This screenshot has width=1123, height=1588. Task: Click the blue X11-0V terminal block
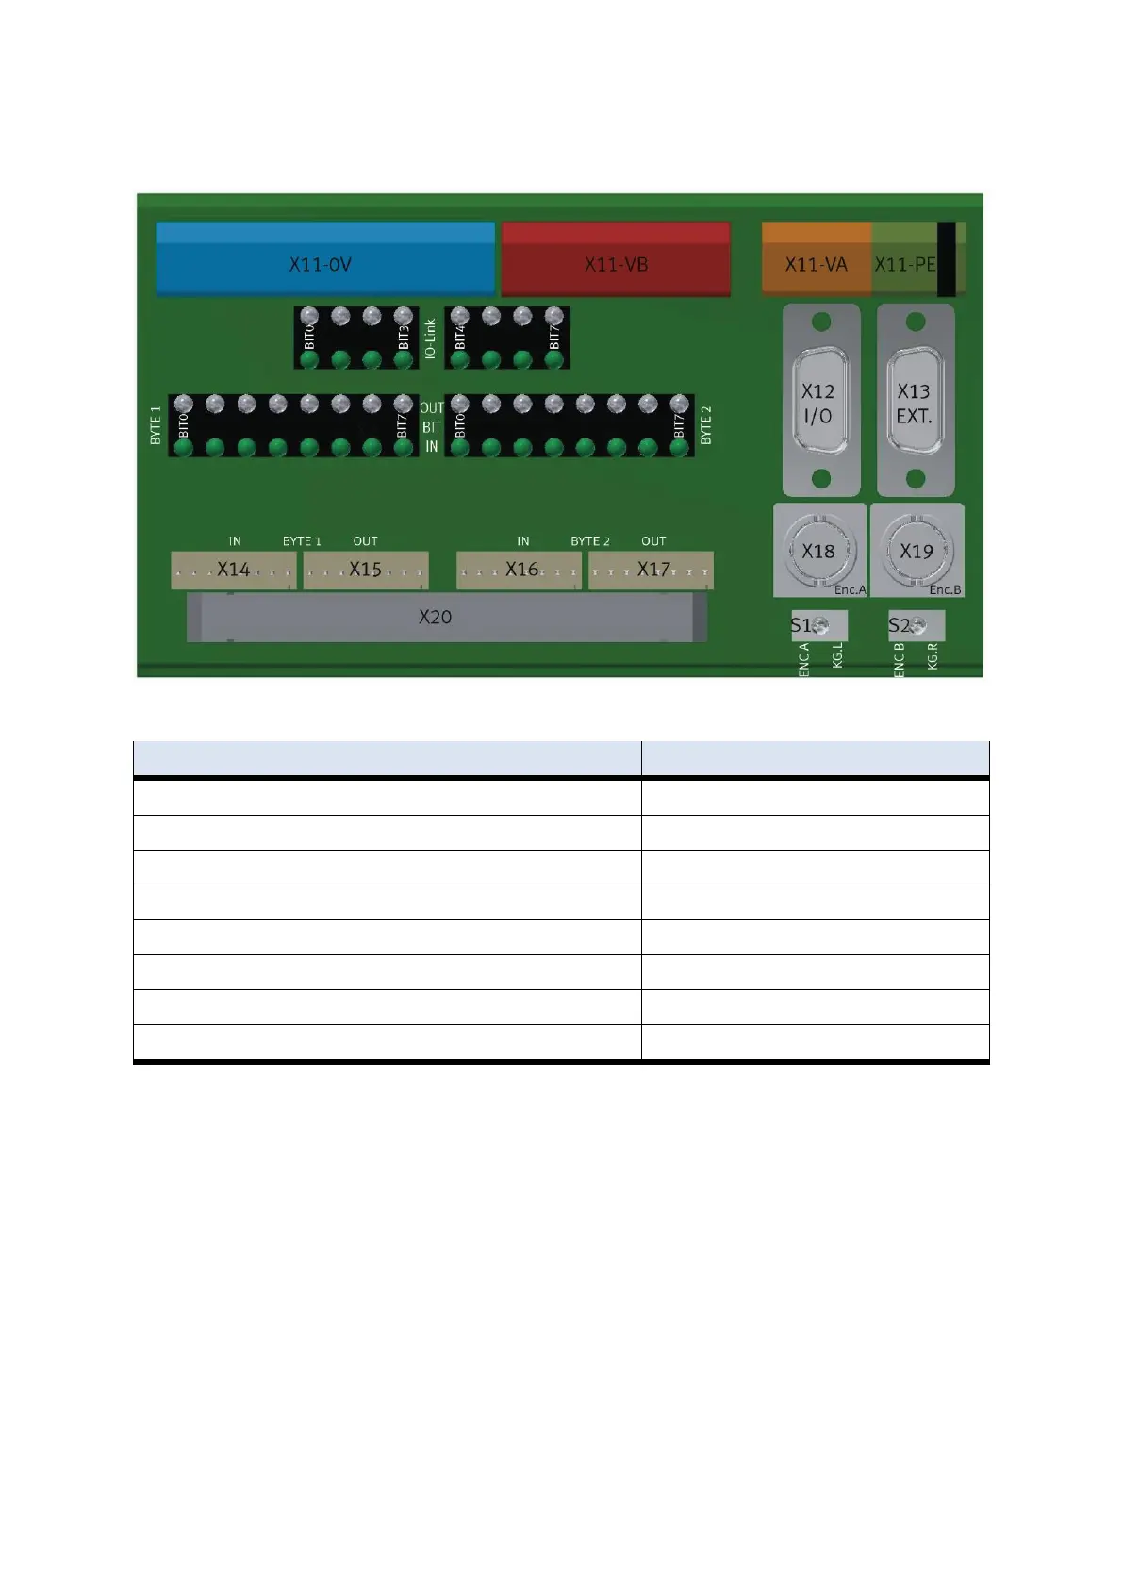(x=324, y=259)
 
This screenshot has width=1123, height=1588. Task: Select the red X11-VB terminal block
(x=616, y=259)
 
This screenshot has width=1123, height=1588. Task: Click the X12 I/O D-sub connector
(x=821, y=401)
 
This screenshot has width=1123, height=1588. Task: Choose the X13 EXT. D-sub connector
(x=916, y=401)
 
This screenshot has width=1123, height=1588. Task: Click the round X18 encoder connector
(x=818, y=550)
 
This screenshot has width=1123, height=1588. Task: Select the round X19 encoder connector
(x=917, y=550)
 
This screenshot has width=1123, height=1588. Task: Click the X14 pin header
(x=233, y=570)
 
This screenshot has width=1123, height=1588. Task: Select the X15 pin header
(x=365, y=570)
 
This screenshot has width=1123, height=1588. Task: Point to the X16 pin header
(x=520, y=570)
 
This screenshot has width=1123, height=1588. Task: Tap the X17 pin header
(x=652, y=570)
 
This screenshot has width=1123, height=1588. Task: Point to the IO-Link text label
(x=430, y=338)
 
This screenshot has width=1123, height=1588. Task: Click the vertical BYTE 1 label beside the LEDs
(x=156, y=425)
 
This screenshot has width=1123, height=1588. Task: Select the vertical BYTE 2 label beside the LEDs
(x=706, y=425)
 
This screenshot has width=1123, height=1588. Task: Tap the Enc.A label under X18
(x=850, y=590)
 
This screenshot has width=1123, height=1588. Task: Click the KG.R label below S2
(x=933, y=656)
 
